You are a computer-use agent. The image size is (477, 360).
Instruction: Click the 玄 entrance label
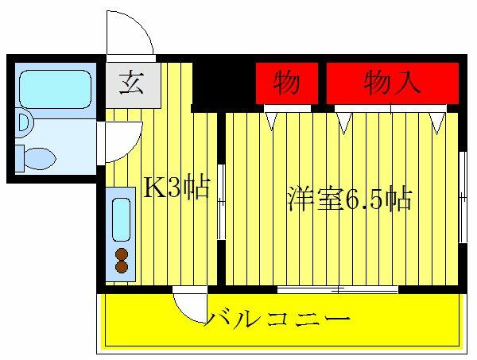tap(132, 83)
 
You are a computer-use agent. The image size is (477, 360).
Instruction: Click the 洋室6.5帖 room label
tap(349, 199)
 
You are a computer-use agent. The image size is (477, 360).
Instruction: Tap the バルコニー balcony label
tap(278, 320)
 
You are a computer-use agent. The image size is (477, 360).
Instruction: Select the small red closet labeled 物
tap(286, 83)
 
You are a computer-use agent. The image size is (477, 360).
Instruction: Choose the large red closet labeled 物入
tap(392, 83)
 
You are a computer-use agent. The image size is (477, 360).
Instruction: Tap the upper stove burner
tap(122, 254)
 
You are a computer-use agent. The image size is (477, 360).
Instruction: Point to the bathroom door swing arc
tap(121, 138)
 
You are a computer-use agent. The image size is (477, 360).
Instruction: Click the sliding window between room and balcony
tap(337, 288)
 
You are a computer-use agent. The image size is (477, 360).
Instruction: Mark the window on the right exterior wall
tap(462, 195)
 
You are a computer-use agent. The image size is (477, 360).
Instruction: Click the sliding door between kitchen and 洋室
tap(220, 200)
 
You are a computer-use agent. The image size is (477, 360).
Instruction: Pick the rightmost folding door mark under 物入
tap(437, 122)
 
